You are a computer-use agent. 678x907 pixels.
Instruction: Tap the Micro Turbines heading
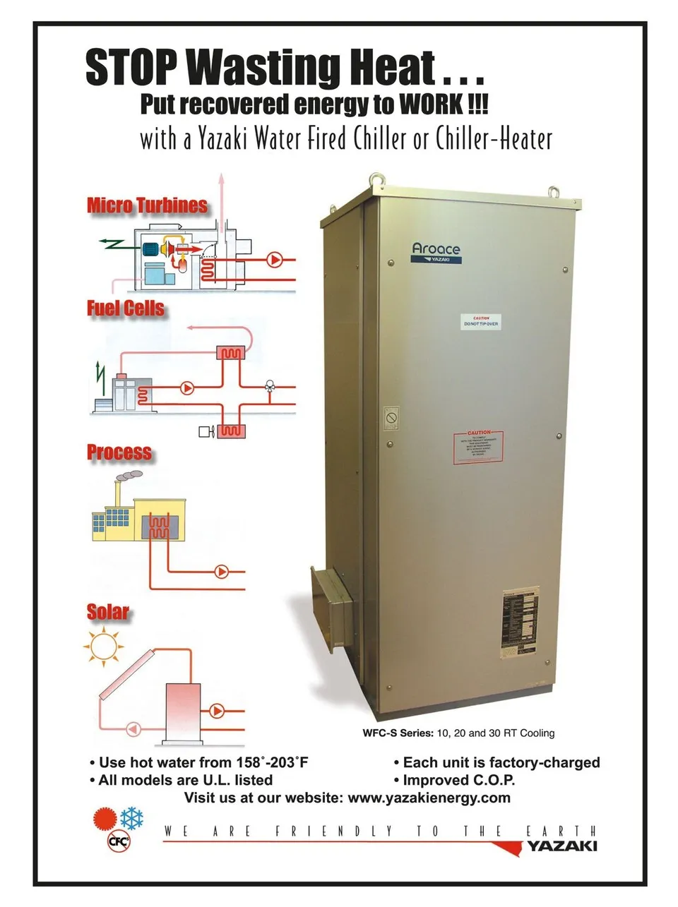pos(147,205)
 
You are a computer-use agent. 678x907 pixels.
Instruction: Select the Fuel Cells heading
pos(126,308)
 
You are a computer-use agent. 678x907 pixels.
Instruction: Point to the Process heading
pos(119,452)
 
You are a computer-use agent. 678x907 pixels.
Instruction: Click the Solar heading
pos(108,612)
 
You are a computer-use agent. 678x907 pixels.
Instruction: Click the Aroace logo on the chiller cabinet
pos(436,251)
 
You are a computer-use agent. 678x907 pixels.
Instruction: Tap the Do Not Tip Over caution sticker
pos(481,323)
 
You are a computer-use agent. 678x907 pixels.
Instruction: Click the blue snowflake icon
pos(132,819)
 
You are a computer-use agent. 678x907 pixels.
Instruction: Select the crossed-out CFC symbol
pos(118,841)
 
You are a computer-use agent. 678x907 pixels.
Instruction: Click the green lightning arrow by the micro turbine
pos(111,244)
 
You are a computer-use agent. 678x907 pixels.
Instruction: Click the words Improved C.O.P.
pos(458,781)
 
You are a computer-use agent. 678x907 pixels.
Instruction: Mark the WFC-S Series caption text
pos(458,733)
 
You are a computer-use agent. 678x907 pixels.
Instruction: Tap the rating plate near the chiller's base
pos(521,624)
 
